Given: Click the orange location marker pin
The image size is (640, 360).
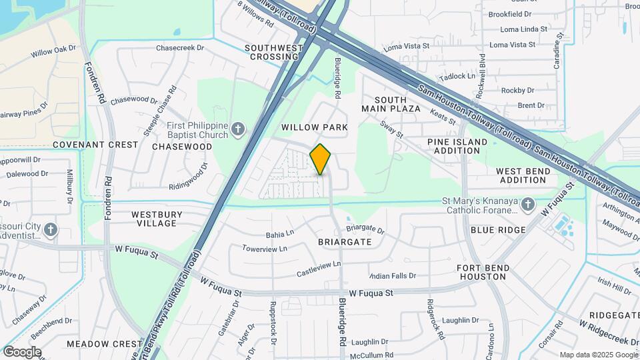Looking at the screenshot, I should click(x=321, y=159).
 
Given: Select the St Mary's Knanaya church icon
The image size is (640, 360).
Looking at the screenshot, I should click(x=528, y=204).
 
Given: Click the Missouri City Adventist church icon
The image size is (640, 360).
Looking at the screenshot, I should click(x=51, y=231).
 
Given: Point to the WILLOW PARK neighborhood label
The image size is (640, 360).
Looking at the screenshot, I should click(x=315, y=127).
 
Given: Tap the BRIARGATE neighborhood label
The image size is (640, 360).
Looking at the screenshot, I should click(x=345, y=242).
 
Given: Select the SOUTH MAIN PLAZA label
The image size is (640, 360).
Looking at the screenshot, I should click(x=391, y=104).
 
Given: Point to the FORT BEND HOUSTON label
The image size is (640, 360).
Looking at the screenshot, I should click(x=483, y=272).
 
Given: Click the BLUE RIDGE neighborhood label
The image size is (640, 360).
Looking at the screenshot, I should click(x=498, y=229).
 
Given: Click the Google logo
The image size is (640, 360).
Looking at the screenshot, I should click(x=22, y=352).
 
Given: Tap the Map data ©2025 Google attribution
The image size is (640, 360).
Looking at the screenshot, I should click(x=598, y=355).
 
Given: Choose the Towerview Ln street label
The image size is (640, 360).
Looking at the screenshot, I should click(x=264, y=249).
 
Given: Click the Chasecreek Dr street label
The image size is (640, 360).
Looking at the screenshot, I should click(x=179, y=48).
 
